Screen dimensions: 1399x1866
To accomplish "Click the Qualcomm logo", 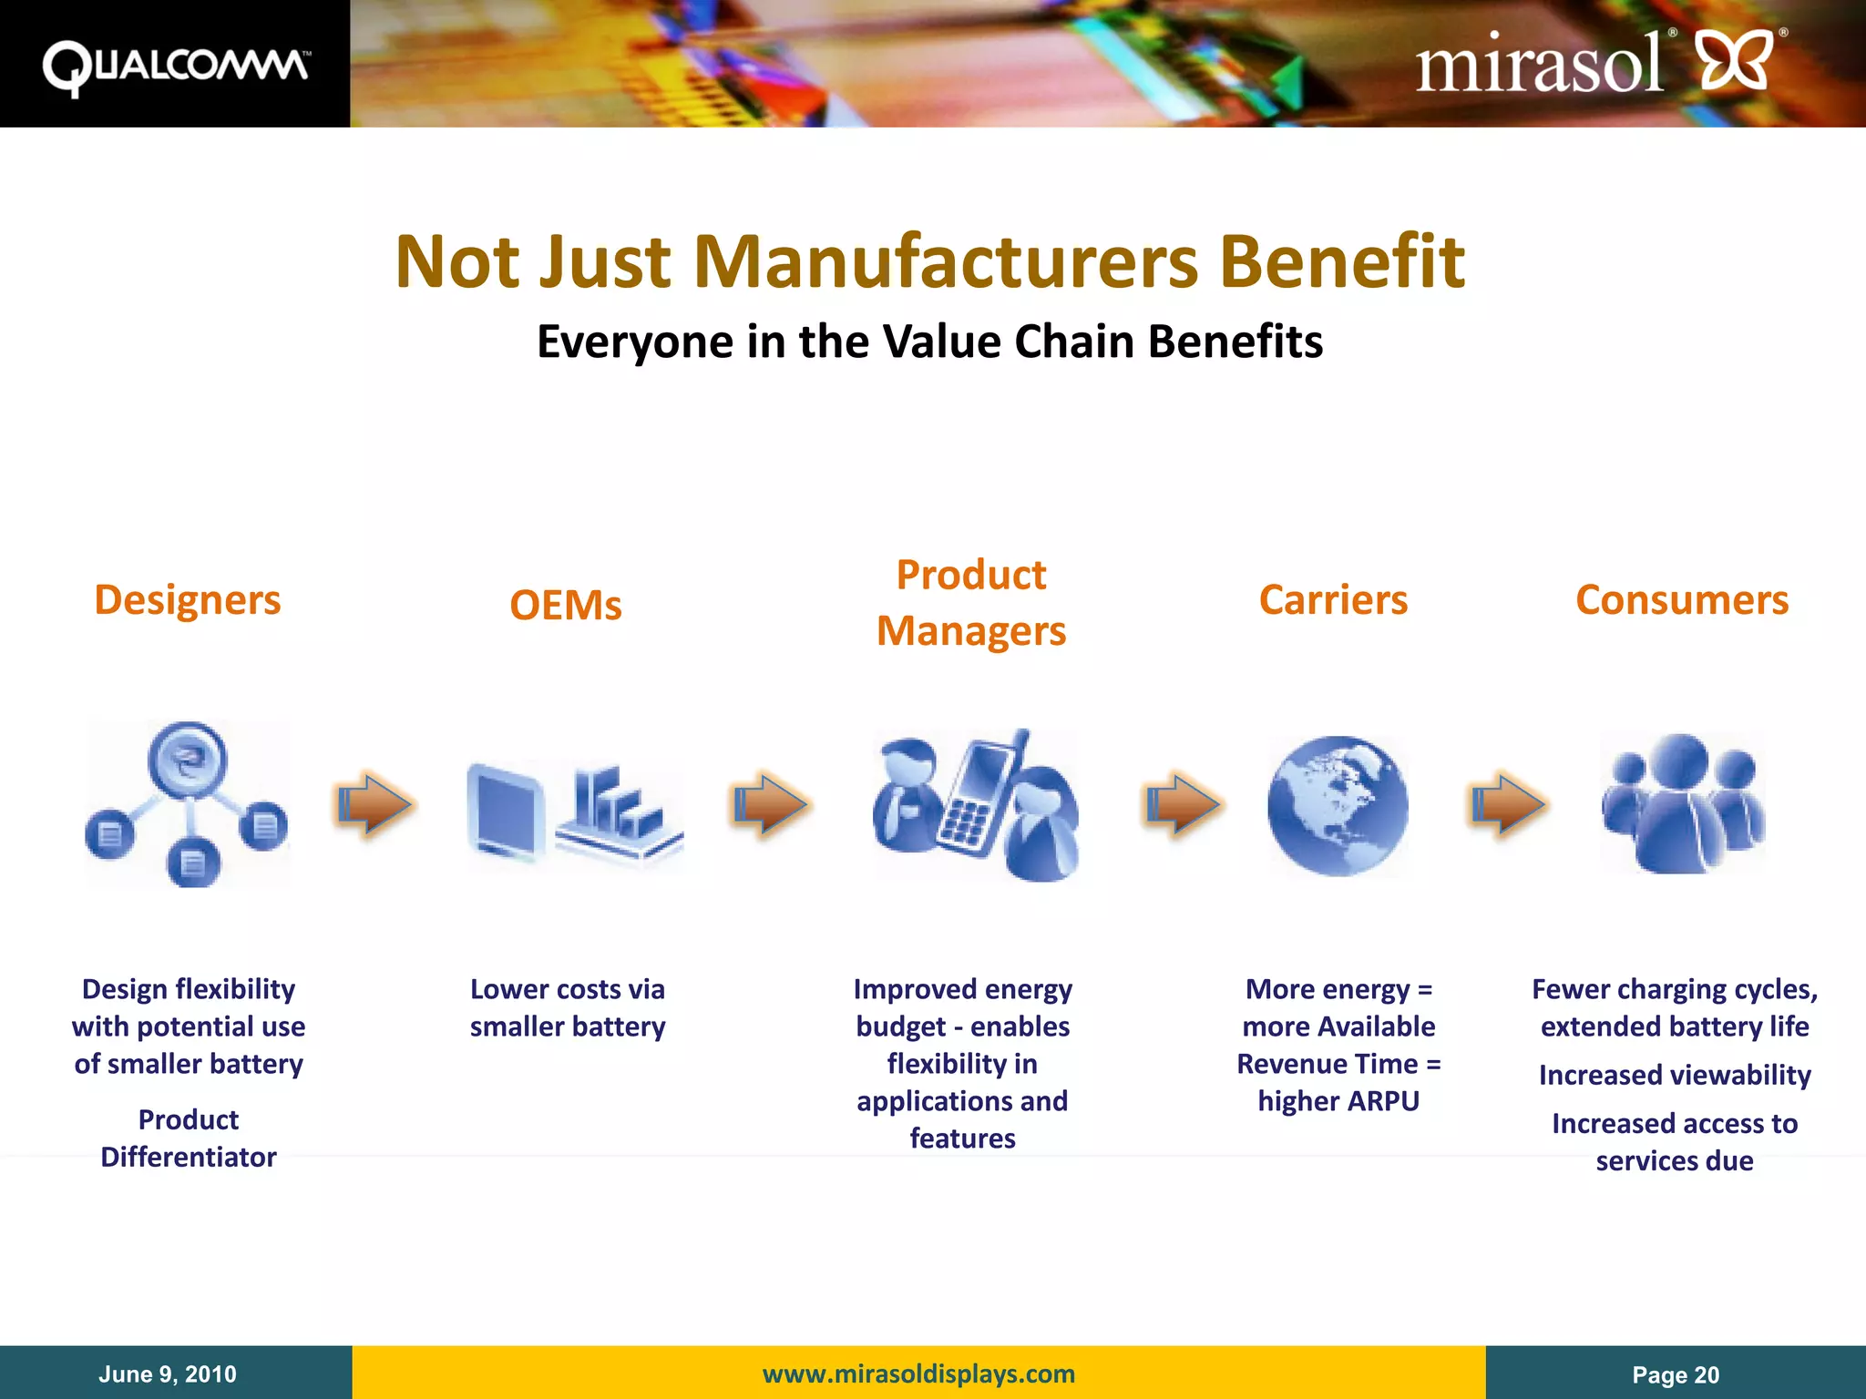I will click(x=175, y=66).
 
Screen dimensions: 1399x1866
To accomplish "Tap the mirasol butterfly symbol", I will click(x=1736, y=60).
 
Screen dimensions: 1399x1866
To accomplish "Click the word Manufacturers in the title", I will click(x=946, y=262).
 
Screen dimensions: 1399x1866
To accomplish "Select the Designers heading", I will click(x=188, y=600).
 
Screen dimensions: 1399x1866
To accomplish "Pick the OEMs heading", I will click(x=566, y=606).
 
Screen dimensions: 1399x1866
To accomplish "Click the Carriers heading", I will click(x=1333, y=600).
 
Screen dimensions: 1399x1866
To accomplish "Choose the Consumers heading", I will click(x=1682, y=600).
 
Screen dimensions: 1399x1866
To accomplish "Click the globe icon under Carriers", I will click(x=1338, y=805).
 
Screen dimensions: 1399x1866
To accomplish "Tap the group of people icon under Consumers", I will click(x=1683, y=803).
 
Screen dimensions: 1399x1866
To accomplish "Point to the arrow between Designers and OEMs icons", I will click(x=374, y=804).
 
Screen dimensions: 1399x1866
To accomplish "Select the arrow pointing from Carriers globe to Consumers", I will click(x=1508, y=804).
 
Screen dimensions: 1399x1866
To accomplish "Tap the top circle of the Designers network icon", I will click(x=188, y=759).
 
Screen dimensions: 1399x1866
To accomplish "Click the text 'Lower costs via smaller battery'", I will click(x=568, y=1007).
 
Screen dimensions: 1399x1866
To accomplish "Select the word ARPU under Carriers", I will click(x=1383, y=1101).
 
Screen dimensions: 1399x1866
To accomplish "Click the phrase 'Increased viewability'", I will click(x=1675, y=1075).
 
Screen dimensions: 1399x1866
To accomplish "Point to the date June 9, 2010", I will click(x=168, y=1374).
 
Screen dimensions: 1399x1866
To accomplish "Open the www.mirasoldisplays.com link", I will click(x=918, y=1373).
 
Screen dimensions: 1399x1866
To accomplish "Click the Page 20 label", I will click(x=1676, y=1375).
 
